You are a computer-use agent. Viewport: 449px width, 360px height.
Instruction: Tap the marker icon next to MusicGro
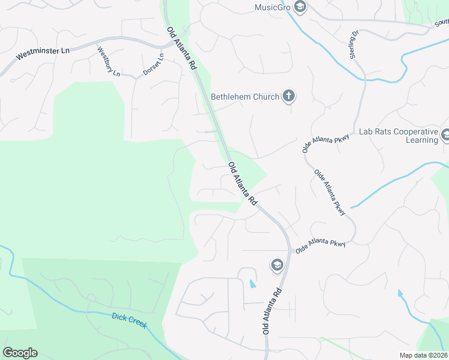pyautogui.click(x=300, y=7)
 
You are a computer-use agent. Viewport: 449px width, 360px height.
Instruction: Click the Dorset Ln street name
pyautogui.click(x=153, y=65)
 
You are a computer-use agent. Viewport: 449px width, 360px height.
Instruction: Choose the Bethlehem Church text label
pyautogui.click(x=245, y=97)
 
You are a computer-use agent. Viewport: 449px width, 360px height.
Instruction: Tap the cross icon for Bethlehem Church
pyautogui.click(x=289, y=96)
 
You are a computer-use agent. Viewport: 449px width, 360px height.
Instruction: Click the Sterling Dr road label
pyautogui.click(x=354, y=45)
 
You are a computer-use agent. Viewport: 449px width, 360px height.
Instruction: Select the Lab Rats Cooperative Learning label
pyautogui.click(x=398, y=136)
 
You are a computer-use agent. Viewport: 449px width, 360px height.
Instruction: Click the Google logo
pyautogui.click(x=20, y=353)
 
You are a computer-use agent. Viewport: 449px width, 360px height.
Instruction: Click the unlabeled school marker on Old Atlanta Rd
pyautogui.click(x=277, y=265)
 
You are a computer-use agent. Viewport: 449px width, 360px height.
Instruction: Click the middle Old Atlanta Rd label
pyautogui.click(x=243, y=183)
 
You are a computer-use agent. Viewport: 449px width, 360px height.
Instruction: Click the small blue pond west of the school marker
pyautogui.click(x=252, y=283)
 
